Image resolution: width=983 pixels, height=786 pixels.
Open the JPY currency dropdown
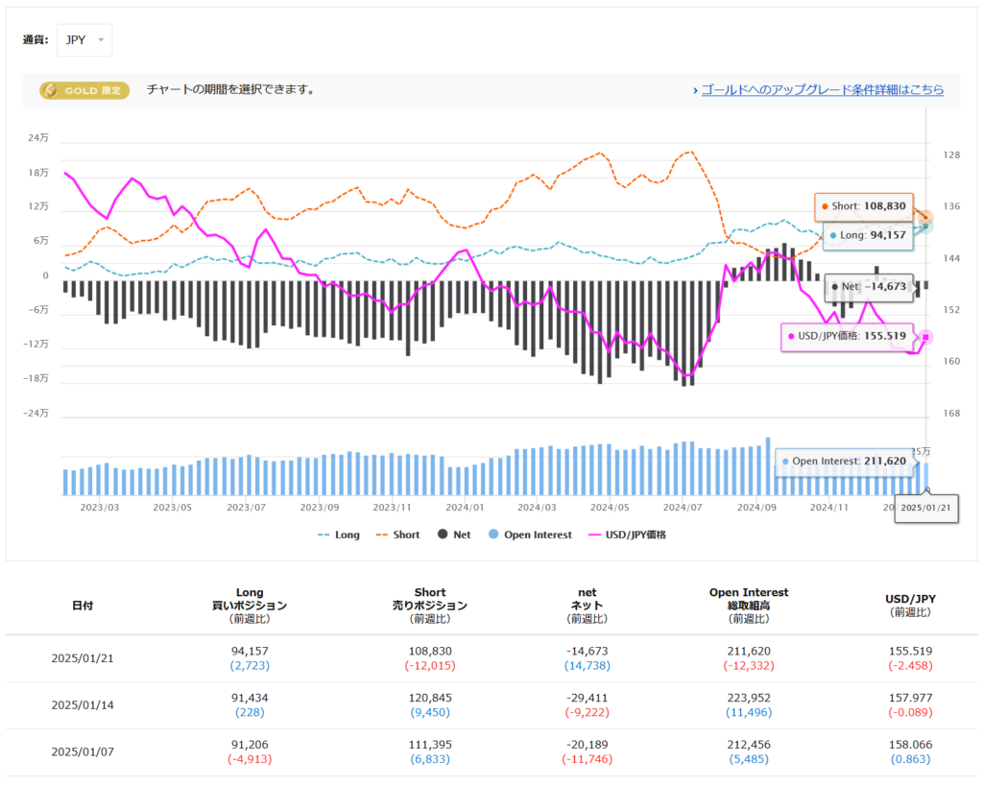(84, 40)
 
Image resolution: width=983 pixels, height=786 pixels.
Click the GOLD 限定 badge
(84, 90)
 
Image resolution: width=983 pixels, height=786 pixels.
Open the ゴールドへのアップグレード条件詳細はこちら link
(822, 89)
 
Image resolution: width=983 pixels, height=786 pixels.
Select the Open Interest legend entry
(529, 535)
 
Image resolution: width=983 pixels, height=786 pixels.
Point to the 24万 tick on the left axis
(38, 138)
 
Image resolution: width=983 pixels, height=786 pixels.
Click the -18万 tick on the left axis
(37, 379)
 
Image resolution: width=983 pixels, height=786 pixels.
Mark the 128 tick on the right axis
(951, 155)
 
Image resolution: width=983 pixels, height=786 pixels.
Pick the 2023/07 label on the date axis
(247, 506)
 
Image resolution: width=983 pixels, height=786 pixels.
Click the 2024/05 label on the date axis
(610, 506)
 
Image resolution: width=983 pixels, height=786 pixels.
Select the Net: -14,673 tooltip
(869, 286)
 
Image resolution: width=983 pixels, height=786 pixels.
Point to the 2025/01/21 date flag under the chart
(925, 506)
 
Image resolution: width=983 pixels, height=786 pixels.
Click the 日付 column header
(83, 606)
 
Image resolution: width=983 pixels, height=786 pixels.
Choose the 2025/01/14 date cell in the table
(83, 705)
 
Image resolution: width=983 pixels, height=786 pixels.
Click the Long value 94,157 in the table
(250, 651)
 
